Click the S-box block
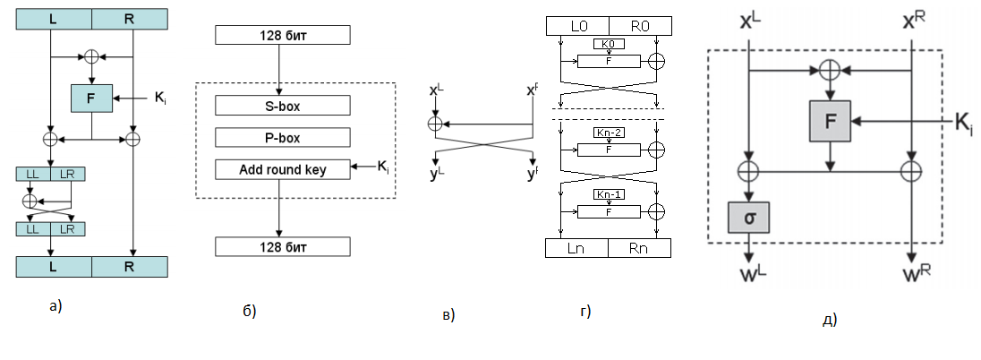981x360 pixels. (282, 105)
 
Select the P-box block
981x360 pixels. (282, 137)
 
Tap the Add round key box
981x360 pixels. (282, 169)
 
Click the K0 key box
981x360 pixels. (609, 44)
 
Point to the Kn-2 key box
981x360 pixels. (609, 133)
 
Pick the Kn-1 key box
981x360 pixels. (609, 194)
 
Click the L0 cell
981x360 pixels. (577, 26)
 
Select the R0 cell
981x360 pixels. (639, 26)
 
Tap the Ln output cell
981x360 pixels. (577, 247)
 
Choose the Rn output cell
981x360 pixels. (639, 247)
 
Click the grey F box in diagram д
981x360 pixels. (831, 122)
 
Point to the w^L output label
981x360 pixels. (749, 273)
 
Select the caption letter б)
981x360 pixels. (249, 312)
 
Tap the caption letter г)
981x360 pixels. (585, 312)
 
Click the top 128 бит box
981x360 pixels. (282, 36)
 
